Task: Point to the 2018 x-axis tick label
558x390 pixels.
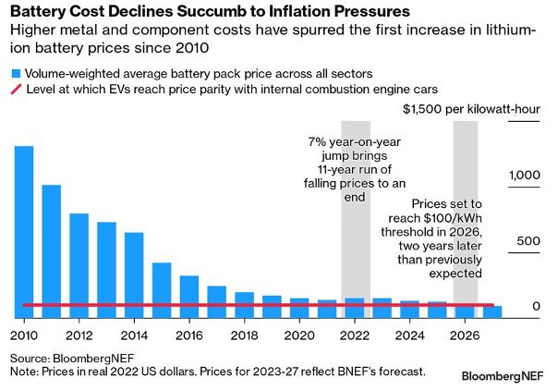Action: click(x=244, y=335)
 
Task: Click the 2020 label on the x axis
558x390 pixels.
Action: click(x=299, y=335)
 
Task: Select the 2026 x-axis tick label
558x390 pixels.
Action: click(x=465, y=335)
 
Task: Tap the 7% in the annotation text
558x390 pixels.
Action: click(x=317, y=143)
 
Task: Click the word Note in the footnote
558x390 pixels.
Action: click(x=23, y=371)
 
